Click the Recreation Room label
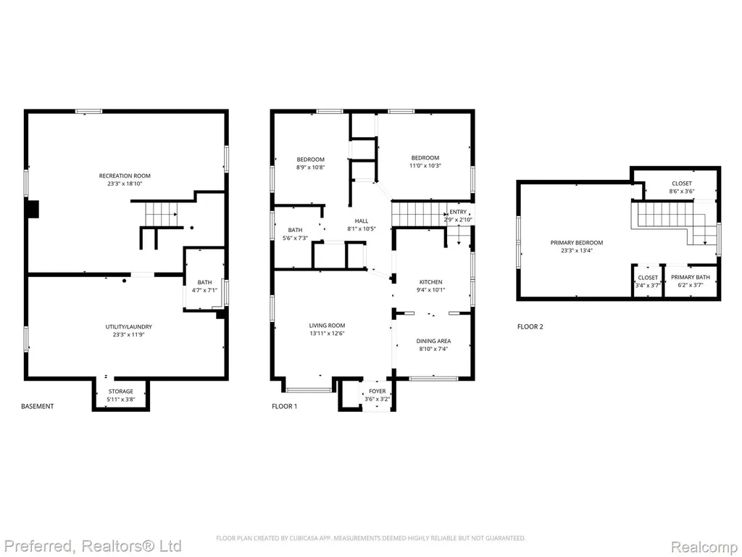click(125, 176)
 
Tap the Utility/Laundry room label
click(128, 327)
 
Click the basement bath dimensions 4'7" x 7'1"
click(204, 290)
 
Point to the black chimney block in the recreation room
click(33, 210)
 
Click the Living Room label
click(327, 326)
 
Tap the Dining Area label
click(433, 341)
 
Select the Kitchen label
click(430, 282)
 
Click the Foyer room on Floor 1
click(377, 395)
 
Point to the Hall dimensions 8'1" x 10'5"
click(362, 228)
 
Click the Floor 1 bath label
click(295, 230)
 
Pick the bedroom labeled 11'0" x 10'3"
click(425, 162)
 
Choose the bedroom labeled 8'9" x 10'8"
click(310, 163)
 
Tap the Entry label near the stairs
click(458, 212)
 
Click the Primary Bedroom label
click(576, 242)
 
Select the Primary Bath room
click(690, 281)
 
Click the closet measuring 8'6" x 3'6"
click(681, 187)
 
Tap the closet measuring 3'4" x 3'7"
click(647, 281)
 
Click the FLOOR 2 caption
click(530, 326)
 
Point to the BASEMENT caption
click(38, 406)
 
